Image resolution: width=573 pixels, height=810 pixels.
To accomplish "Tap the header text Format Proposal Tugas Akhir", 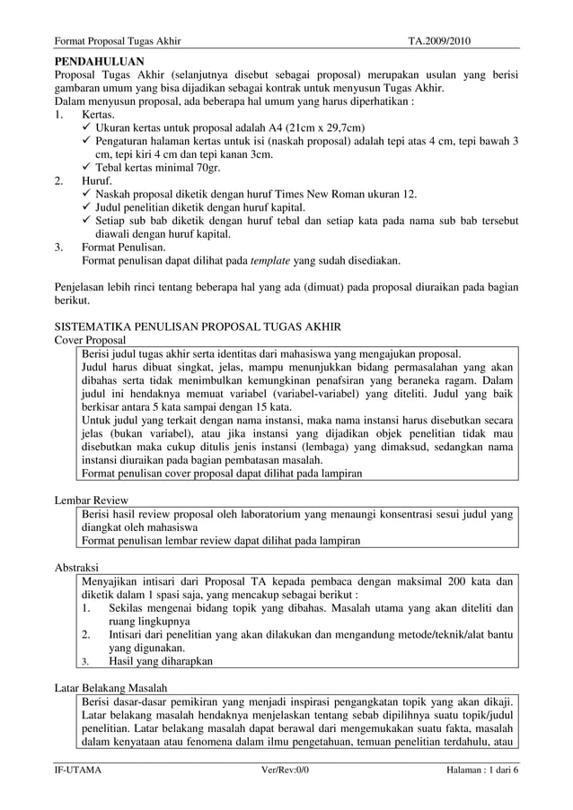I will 118,41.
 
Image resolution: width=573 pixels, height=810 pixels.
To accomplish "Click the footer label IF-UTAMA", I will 78,770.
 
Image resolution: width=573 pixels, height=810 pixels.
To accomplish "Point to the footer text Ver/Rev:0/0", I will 284,770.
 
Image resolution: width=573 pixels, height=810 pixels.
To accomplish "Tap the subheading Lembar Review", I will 92,500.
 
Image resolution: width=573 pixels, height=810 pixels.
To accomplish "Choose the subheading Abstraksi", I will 77,568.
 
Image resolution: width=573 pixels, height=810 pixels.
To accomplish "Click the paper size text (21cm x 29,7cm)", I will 310,127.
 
